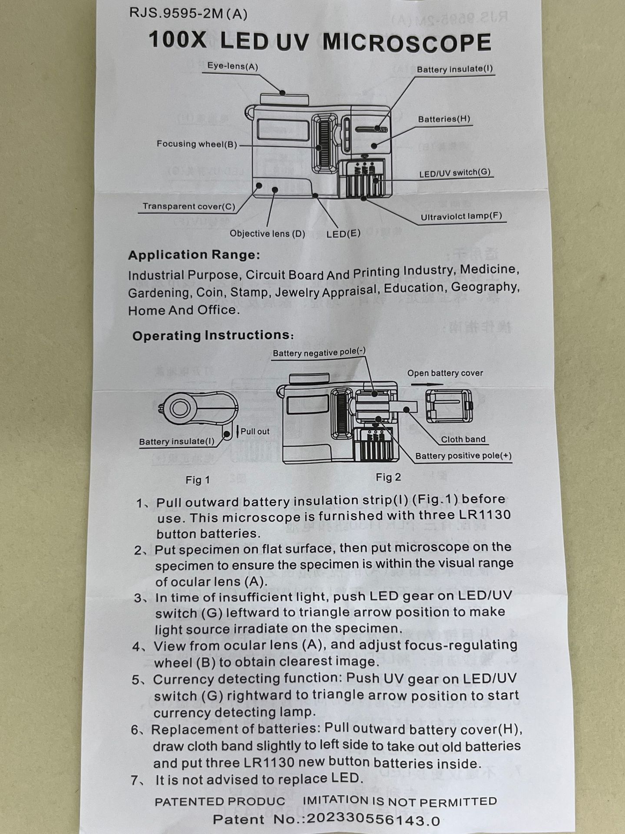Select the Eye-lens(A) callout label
pos(232,66)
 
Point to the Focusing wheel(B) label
pos(197,144)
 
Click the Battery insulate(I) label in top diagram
pos(455,69)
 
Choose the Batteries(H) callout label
pos(444,119)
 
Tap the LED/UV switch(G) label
pos(455,173)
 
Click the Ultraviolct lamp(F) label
pos(461,216)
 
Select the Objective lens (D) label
pos(267,234)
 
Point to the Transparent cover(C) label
pos(188,206)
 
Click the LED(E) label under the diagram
pos(343,234)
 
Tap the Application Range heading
pos(194,255)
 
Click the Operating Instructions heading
pos(213,335)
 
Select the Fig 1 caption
pos(198,480)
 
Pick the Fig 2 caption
pos(388,477)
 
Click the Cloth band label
pos(463,439)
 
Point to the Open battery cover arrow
pos(427,384)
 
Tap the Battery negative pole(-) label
pos(319,352)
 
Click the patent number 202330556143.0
pos(373,820)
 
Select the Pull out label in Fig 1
pos(255,431)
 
